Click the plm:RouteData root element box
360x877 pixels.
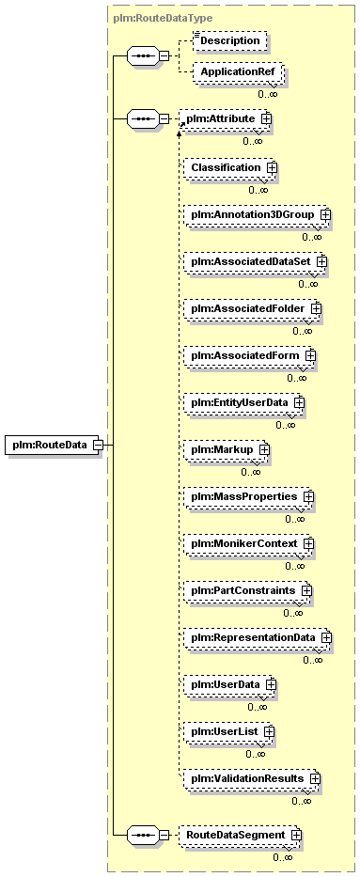coord(54,446)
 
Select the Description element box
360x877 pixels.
coord(229,40)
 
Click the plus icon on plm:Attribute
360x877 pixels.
coord(266,119)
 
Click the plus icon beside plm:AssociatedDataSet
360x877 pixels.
coord(321,261)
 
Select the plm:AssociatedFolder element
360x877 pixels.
coord(253,308)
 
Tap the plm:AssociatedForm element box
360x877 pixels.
coord(250,355)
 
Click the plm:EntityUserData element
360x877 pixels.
coord(244,402)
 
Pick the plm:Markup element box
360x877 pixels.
coord(227,449)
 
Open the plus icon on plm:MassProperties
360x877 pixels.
coord(308,496)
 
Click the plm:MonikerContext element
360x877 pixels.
coord(249,543)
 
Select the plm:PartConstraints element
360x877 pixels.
coord(247,590)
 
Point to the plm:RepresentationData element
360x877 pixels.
coord(258,637)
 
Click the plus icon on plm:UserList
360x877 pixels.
coord(270,731)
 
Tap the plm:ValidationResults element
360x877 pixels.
coord(253,778)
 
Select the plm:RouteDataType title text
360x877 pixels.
coord(163,18)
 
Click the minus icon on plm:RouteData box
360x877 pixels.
coord(97,446)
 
